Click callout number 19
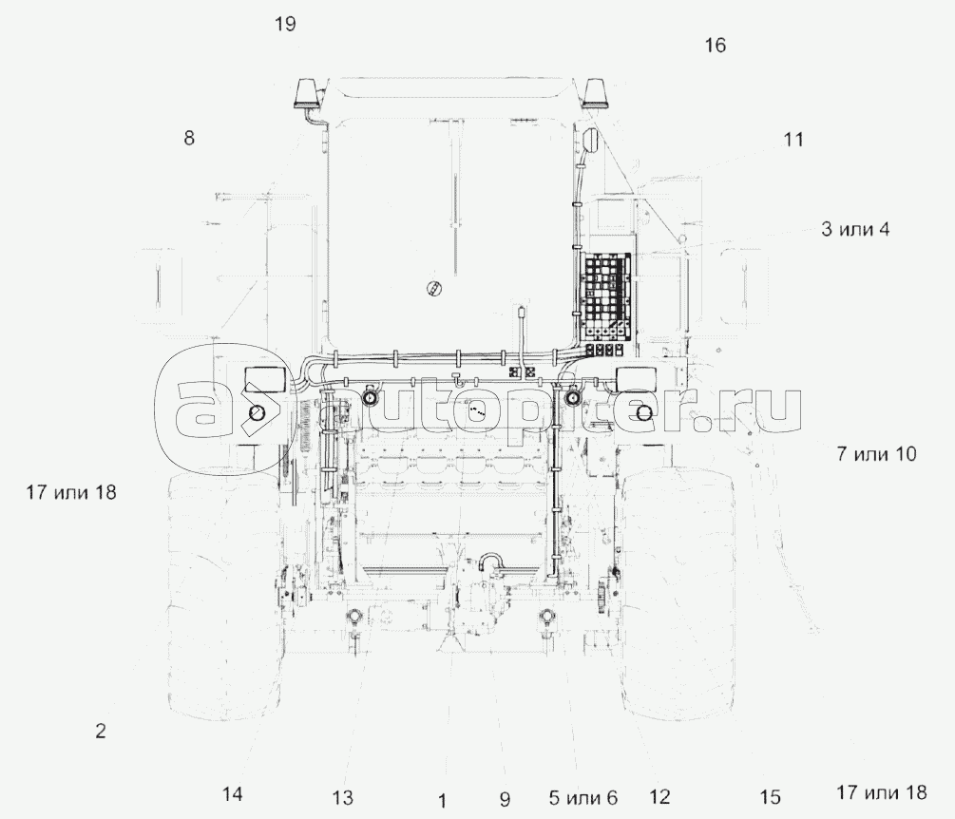(285, 24)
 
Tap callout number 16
(715, 46)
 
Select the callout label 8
(189, 138)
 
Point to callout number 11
(793, 140)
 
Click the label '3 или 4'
(855, 229)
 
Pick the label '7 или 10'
(876, 454)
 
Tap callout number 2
(100, 731)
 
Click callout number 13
(342, 797)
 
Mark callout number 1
(442, 799)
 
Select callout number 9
(504, 798)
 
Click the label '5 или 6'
(583, 797)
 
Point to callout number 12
(659, 797)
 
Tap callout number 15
(770, 796)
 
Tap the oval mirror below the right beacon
(591, 140)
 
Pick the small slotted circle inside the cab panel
(435, 287)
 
